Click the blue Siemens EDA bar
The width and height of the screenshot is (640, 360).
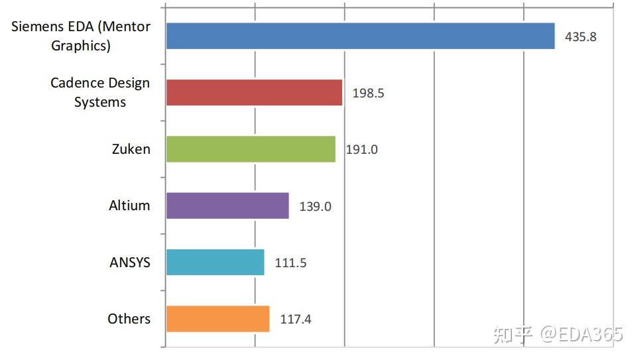360,36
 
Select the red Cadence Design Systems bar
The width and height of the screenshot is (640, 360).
254,93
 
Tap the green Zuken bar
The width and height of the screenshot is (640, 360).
251,149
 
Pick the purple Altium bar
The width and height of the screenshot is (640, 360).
227,206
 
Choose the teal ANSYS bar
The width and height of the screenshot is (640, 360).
215,262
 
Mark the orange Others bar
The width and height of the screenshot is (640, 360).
218,319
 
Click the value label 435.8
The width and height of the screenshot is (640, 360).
580,37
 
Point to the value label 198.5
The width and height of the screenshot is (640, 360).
368,93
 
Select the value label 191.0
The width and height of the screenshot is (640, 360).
362,150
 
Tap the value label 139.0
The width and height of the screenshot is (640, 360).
315,206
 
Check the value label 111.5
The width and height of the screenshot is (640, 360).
290,263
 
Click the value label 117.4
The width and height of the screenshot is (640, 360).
296,320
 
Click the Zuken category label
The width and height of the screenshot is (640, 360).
131,149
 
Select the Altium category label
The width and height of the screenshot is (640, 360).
129,206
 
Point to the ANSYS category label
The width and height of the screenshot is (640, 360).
130,263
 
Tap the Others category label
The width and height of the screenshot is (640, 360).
129,319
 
